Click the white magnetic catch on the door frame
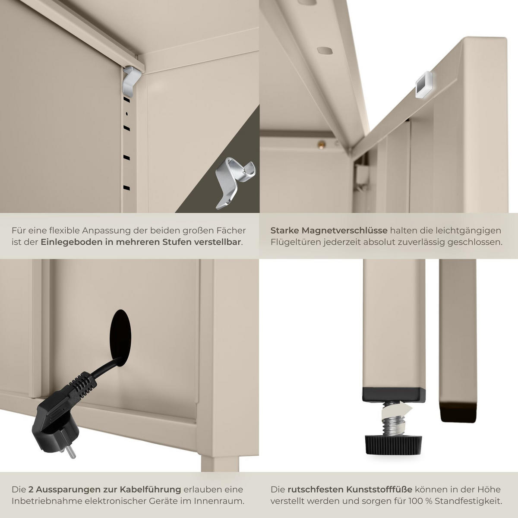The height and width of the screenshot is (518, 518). coord(424,85)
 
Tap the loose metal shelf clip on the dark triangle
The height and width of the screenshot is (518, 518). coord(235,183)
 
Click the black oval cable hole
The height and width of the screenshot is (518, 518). coord(121,338)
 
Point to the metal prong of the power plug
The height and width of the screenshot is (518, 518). coord(71,453)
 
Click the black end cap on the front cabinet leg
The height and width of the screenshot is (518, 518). coord(394,395)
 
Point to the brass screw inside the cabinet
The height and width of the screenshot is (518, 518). coord(321,144)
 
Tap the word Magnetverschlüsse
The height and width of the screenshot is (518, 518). coord(345,231)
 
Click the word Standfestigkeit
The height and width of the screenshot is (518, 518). coord(468,501)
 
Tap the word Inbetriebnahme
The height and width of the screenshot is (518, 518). coord(47,501)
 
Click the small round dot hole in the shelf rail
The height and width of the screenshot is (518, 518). coord(127,114)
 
